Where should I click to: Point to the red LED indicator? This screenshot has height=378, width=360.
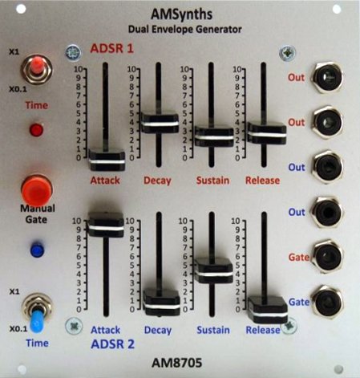(37, 130)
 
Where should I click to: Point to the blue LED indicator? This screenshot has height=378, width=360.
(37, 250)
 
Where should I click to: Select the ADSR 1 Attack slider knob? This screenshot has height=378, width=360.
(107, 160)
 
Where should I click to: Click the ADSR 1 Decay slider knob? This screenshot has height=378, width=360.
(160, 123)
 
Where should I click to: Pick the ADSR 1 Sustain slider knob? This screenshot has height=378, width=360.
(214, 136)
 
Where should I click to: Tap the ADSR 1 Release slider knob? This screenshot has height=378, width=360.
(266, 133)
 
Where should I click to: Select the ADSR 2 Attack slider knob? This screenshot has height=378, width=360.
(106, 225)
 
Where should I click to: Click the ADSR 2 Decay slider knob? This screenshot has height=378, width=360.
(162, 303)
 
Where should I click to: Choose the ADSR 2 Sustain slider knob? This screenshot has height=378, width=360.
(213, 271)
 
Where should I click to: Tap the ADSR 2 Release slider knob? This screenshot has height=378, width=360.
(268, 310)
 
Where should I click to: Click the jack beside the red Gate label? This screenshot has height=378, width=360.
(328, 257)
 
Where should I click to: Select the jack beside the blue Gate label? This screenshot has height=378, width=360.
(328, 302)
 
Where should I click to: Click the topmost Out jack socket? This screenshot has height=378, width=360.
(328, 77)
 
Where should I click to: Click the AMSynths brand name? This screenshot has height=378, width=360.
(182, 14)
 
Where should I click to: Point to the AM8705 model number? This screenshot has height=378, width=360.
(176, 363)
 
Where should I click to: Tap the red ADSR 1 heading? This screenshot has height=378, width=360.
(111, 48)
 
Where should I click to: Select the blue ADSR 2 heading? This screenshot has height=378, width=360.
(112, 344)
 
